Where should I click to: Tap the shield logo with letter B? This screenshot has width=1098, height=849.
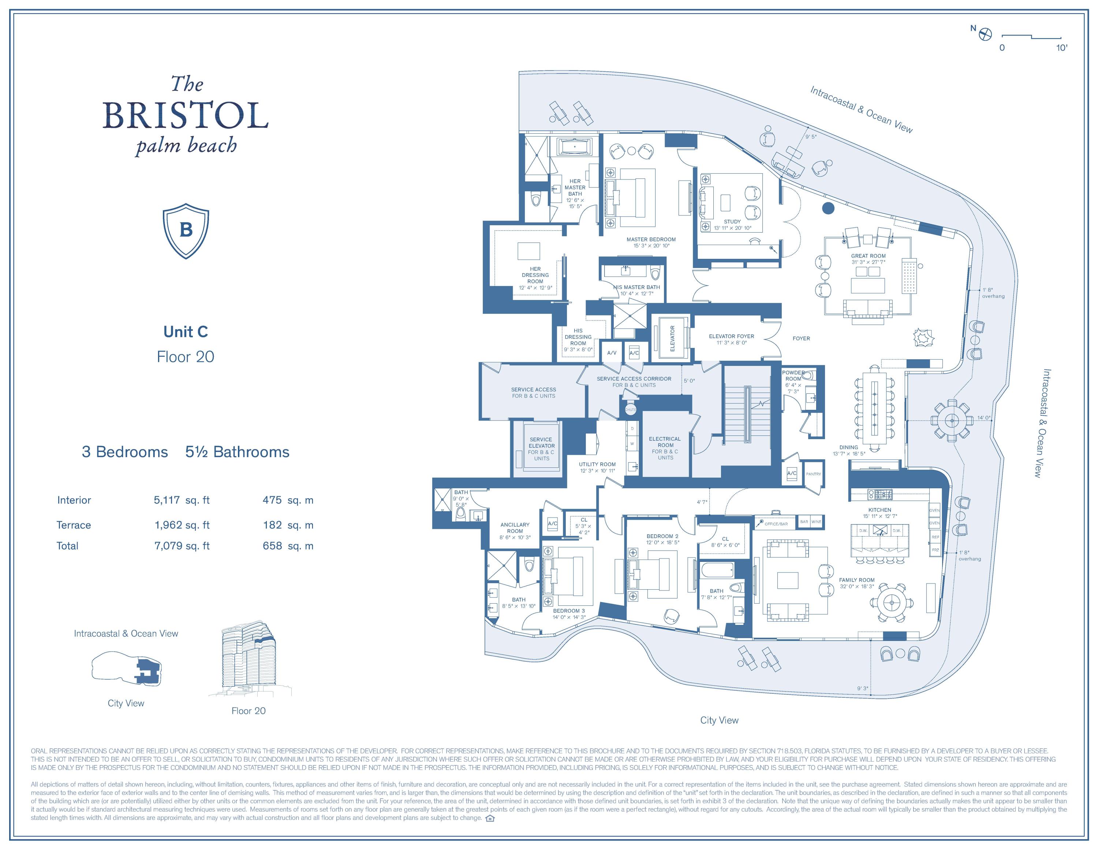click(186, 230)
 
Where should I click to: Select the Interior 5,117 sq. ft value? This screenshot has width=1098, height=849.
click(182, 500)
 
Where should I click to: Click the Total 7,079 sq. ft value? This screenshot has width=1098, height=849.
click(182, 546)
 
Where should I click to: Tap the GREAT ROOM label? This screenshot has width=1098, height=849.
click(868, 256)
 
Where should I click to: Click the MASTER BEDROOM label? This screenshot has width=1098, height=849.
click(651, 240)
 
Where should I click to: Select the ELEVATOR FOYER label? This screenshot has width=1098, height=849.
click(732, 336)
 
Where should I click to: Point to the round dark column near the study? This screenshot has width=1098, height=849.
click(828, 208)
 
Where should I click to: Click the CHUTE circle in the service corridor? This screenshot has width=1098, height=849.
click(631, 409)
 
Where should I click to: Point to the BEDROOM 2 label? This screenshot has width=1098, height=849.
click(662, 536)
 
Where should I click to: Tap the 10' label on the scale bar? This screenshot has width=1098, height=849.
click(1061, 48)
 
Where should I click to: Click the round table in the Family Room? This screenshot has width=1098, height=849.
click(892, 602)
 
